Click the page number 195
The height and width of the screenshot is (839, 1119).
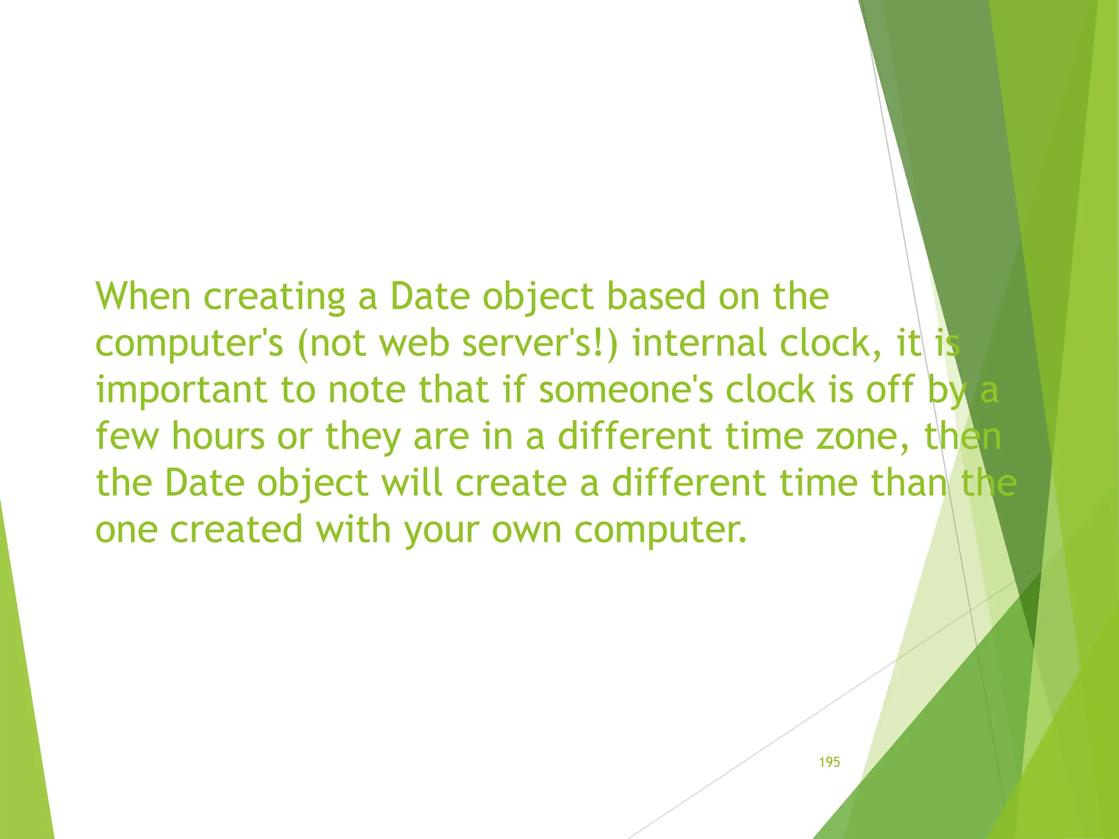pos(829,762)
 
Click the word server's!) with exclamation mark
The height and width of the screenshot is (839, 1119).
pos(540,343)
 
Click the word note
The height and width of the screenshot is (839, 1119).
pos(367,390)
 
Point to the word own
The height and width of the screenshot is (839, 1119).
pos(527,530)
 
